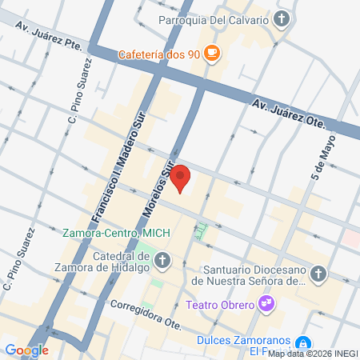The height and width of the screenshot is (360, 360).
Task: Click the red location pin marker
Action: coord(181,178)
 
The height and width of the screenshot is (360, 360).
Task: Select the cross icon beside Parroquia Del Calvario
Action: coord(281,18)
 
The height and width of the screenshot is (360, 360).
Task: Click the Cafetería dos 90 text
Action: coord(158,54)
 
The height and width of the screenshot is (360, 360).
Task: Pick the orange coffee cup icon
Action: coord(211,54)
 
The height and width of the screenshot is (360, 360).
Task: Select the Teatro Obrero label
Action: coord(218,304)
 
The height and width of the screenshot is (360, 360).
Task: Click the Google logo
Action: coord(26,350)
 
